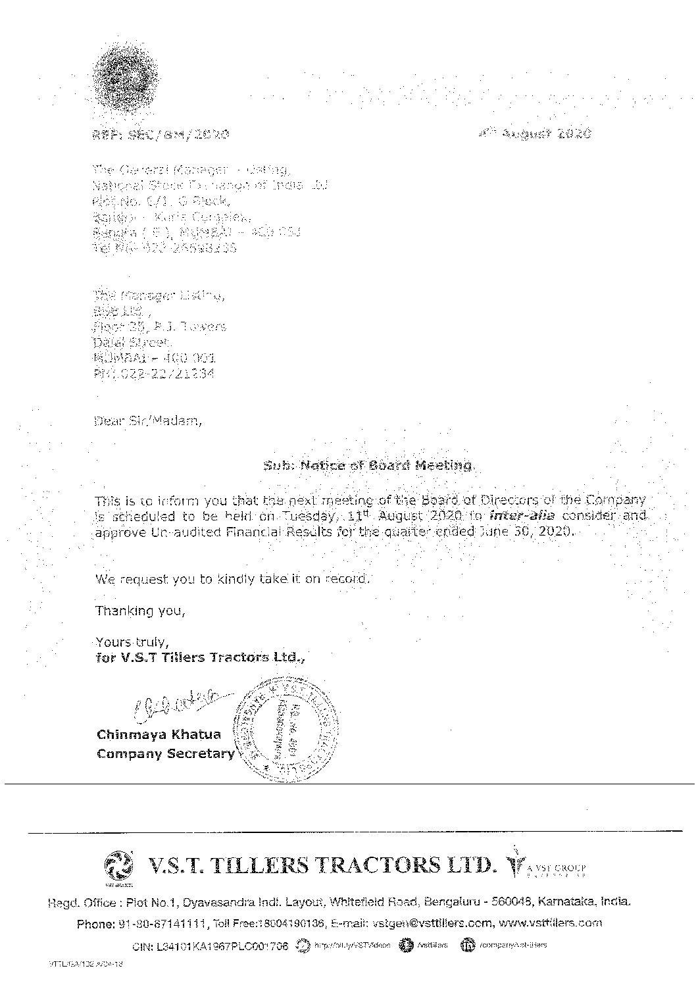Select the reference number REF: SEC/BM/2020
(x=161, y=135)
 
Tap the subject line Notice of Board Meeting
(x=368, y=466)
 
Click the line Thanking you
(x=140, y=611)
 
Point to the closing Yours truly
(x=132, y=642)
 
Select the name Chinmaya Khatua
(x=159, y=734)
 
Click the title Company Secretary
(x=165, y=754)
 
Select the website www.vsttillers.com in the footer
(x=551, y=923)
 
